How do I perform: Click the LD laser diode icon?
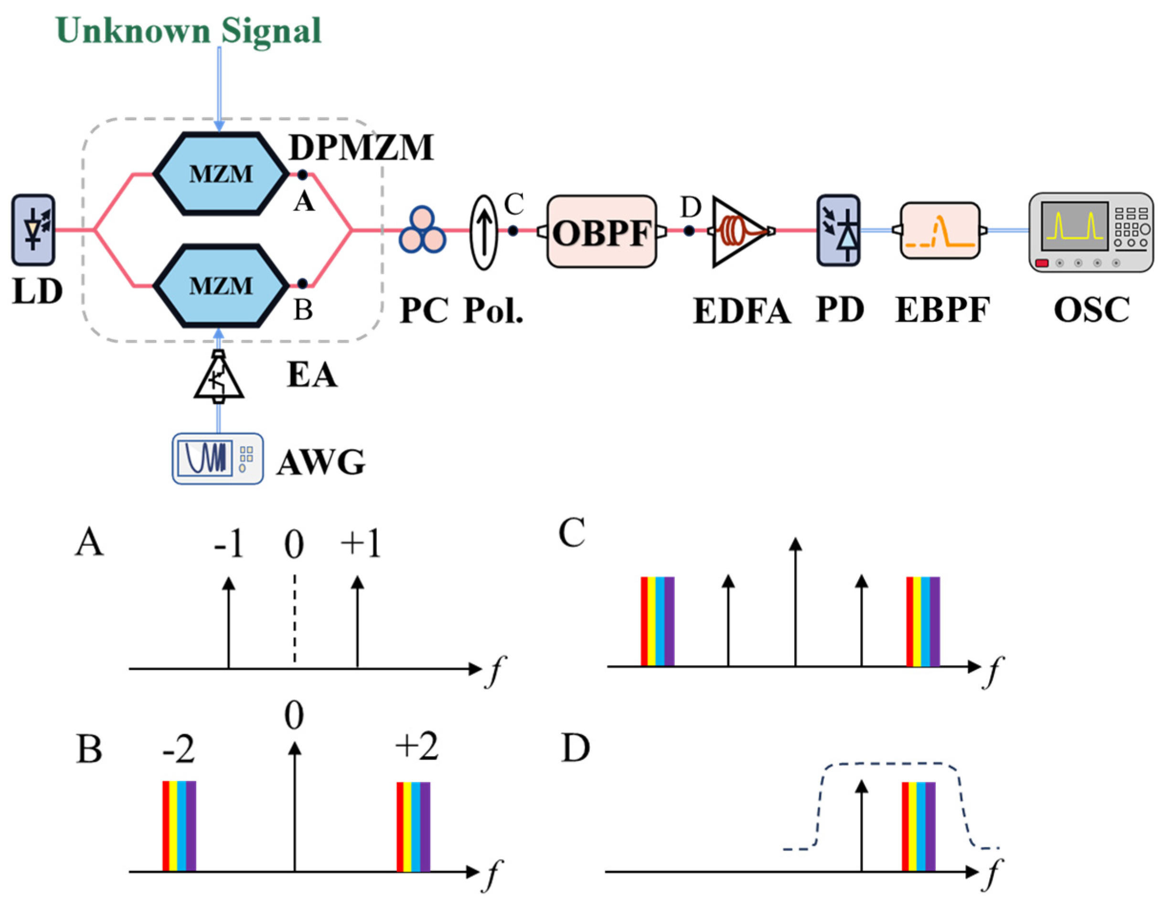coord(33,230)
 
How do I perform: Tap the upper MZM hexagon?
coord(221,174)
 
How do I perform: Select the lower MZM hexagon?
coord(221,286)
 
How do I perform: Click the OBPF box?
coord(602,232)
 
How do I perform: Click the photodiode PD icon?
coord(838,230)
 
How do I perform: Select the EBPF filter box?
coord(940,231)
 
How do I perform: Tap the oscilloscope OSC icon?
coord(1090,232)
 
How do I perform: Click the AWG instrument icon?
coord(217,459)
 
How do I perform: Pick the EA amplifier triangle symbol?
coord(218,377)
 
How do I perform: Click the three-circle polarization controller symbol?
coord(422,230)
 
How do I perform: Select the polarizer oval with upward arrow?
coord(483,232)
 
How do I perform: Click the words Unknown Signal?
coord(189,31)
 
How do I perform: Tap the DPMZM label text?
coord(362,147)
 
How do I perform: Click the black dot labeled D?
coord(689,231)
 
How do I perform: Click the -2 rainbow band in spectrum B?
coord(179,825)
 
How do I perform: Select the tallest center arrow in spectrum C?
coord(795,602)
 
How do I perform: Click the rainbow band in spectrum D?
coord(919,825)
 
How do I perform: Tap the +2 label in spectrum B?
coord(417,746)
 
